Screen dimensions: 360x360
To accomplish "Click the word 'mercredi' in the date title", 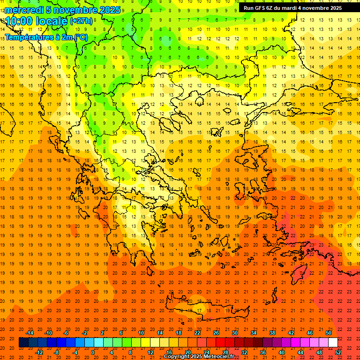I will pyautogui.click(x=24, y=10).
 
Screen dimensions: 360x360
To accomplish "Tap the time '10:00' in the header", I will pyautogui.click(x=19, y=21).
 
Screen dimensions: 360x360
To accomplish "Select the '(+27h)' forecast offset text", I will pyautogui.click(x=81, y=21).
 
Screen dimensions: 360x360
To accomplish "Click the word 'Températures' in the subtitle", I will pyautogui.click(x=26, y=37).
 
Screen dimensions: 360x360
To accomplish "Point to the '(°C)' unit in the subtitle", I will pyautogui.click(x=80, y=37).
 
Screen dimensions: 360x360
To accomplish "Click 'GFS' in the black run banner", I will pyautogui.click(x=261, y=8).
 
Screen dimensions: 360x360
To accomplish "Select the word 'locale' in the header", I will pyautogui.click(x=51, y=21).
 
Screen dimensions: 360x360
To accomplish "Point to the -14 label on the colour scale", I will pyautogui.click(x=30, y=333).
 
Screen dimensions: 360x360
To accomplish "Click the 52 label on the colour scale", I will pyautogui.click(x=338, y=352).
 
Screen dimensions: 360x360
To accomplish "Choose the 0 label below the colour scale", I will pyautogui.click(x=93, y=352).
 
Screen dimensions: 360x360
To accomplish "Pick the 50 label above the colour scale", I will pyautogui.click(x=329, y=333).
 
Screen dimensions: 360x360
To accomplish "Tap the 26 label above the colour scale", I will pyautogui.click(x=216, y=333).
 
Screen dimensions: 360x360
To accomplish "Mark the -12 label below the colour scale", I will pyautogui.click(x=39, y=352).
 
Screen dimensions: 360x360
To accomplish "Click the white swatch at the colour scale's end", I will pyautogui.click(x=333, y=343).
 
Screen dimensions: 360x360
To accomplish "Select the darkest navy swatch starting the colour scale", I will pyautogui.click(x=23, y=343).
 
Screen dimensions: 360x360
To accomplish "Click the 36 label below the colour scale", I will pyautogui.click(x=262, y=352).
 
